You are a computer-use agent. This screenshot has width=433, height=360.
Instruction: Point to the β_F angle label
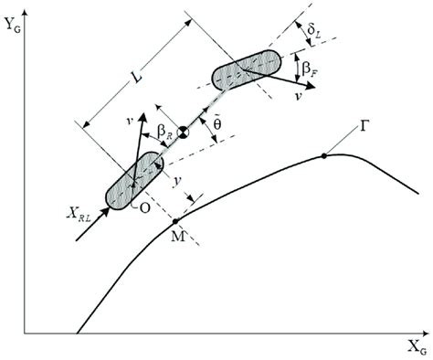click(314, 65)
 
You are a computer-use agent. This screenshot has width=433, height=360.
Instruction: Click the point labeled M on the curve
click(175, 221)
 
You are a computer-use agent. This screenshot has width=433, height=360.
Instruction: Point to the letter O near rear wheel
click(145, 206)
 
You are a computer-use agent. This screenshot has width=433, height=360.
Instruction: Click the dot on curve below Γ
click(324, 156)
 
